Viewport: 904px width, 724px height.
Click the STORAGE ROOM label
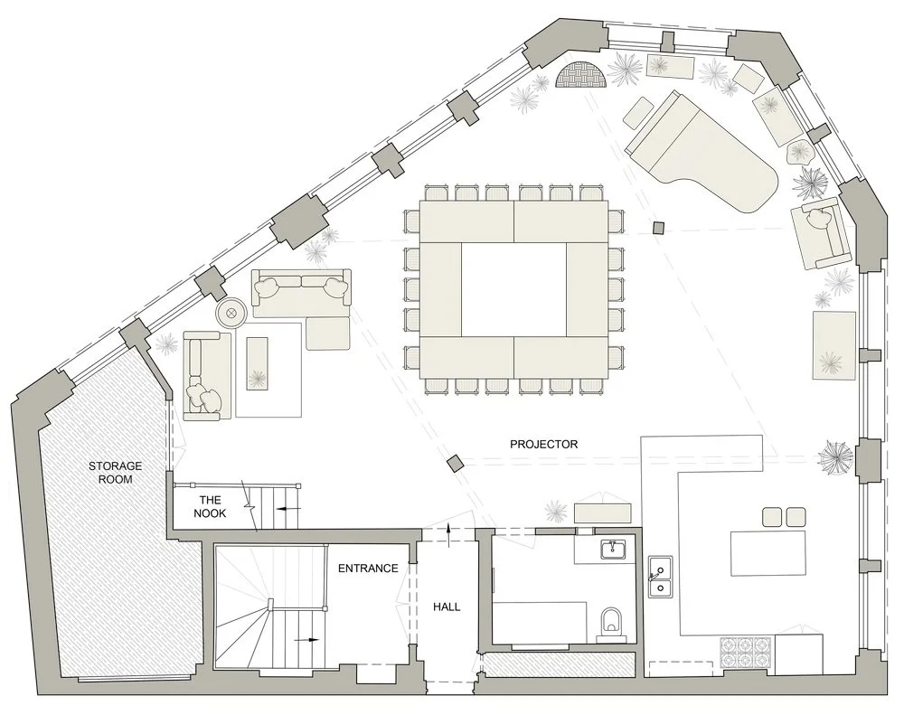(109, 472)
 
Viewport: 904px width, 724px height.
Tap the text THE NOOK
(210, 506)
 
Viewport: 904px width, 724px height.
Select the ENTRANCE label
(367, 569)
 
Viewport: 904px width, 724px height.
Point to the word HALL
(447, 606)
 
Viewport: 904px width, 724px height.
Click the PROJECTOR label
(543, 444)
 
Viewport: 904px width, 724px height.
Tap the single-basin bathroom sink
(614, 548)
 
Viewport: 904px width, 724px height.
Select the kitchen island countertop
(768, 551)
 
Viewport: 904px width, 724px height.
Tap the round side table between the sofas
(231, 313)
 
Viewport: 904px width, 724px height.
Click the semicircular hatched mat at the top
(579, 76)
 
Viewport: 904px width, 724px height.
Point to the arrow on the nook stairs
(287, 509)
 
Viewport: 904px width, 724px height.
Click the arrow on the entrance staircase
(309, 638)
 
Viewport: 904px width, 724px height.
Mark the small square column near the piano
(659, 226)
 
